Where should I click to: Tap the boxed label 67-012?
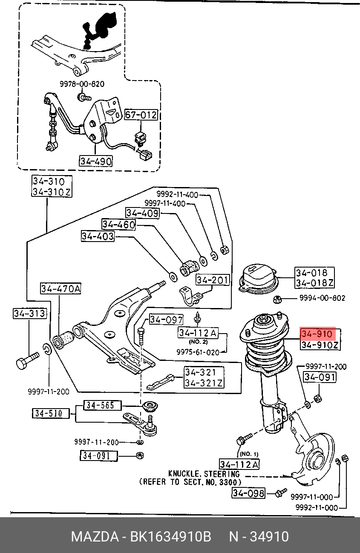(x=141, y=115)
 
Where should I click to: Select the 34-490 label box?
(x=96, y=161)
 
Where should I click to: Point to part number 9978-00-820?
(x=82, y=84)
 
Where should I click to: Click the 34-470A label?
(x=60, y=288)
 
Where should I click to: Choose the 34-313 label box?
(x=30, y=313)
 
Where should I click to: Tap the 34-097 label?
(x=166, y=320)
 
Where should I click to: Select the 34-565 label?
(x=103, y=405)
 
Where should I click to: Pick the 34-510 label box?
(x=51, y=413)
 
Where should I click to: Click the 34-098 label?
(x=248, y=493)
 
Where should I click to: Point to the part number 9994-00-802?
(x=322, y=298)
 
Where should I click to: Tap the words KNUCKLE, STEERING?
(x=204, y=474)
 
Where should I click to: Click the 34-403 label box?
(x=98, y=236)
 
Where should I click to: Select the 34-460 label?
(x=119, y=224)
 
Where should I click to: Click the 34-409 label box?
(x=142, y=213)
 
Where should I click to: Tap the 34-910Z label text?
(x=320, y=345)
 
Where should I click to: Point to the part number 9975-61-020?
(x=198, y=352)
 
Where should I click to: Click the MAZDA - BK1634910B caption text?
(x=141, y=536)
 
